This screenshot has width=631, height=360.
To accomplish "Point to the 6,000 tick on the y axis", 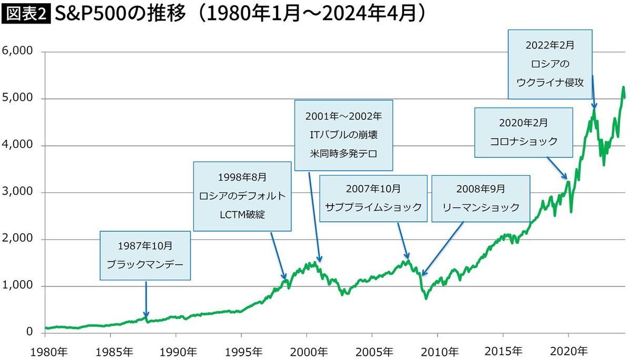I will (18, 52).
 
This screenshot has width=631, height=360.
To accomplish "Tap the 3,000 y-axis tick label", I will (18, 192).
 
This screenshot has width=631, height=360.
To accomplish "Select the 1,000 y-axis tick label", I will (18, 286).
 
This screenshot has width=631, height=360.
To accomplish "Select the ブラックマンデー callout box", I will (145, 255).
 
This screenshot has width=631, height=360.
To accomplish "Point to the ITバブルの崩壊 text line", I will (343, 134).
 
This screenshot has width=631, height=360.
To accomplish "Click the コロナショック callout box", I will (523, 132).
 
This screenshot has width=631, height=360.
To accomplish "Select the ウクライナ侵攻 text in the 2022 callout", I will (550, 81).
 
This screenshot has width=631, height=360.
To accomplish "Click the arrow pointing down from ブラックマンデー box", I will (146, 300).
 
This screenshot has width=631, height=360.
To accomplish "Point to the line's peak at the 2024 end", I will (623, 88).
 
